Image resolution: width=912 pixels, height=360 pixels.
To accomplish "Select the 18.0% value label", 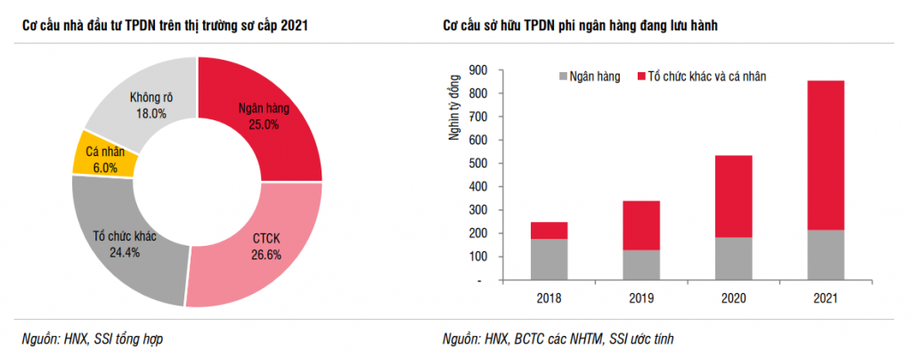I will (151, 113).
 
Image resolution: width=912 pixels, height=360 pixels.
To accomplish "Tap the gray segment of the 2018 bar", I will (549, 259).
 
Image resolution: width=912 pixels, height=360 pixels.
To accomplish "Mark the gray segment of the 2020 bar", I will (733, 258).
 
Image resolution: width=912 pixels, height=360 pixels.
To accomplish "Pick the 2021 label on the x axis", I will (825, 297).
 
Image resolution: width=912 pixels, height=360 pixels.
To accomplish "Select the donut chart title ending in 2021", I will (166, 25).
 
